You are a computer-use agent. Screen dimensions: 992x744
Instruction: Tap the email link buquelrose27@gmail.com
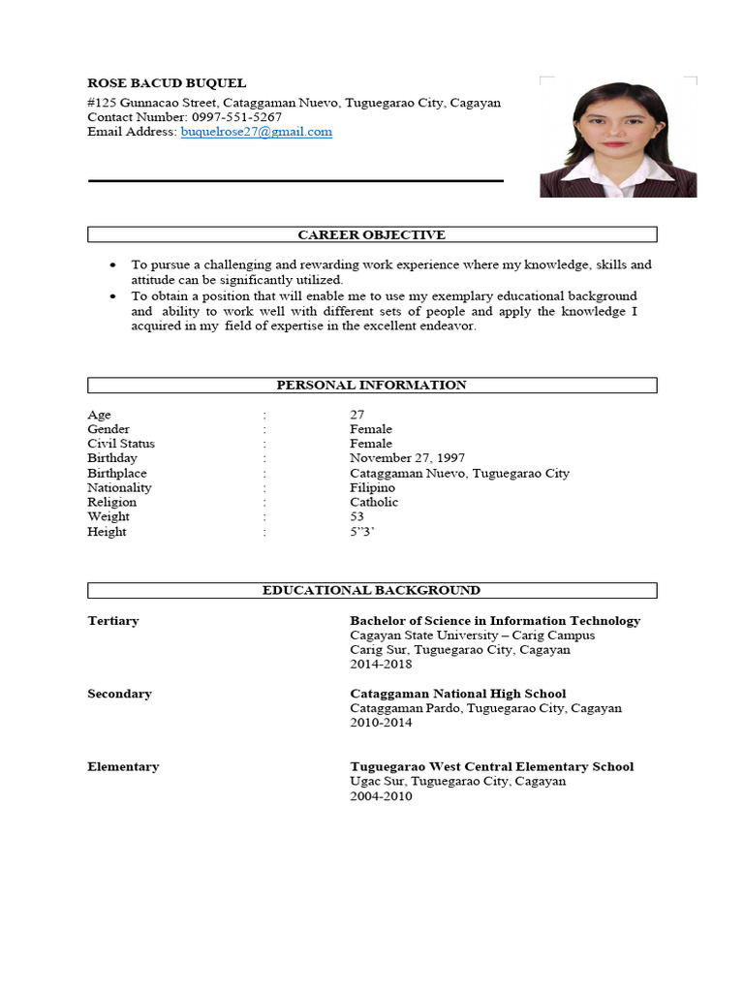256,132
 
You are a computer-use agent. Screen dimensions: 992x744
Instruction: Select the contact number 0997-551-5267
237,117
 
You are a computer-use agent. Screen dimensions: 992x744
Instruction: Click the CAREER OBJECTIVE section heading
372,234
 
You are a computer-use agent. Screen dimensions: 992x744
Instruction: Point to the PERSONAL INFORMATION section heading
372,385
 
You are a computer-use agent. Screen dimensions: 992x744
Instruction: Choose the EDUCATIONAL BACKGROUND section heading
372,590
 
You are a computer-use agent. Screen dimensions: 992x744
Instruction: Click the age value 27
357,415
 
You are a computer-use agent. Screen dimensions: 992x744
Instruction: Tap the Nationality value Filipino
372,487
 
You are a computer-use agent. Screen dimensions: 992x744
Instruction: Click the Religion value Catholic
374,502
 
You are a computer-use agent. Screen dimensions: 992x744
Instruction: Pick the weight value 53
357,516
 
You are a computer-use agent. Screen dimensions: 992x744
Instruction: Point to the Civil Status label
121,444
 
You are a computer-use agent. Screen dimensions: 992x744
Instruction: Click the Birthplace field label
117,473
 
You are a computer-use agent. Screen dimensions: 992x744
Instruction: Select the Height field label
107,532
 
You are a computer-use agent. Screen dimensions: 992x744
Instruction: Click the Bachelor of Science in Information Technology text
494,621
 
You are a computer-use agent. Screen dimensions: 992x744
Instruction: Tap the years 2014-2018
381,665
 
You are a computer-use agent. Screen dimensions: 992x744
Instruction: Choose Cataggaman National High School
457,694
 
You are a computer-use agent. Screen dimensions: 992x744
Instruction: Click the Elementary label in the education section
123,766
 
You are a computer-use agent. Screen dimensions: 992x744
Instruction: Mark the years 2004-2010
381,796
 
